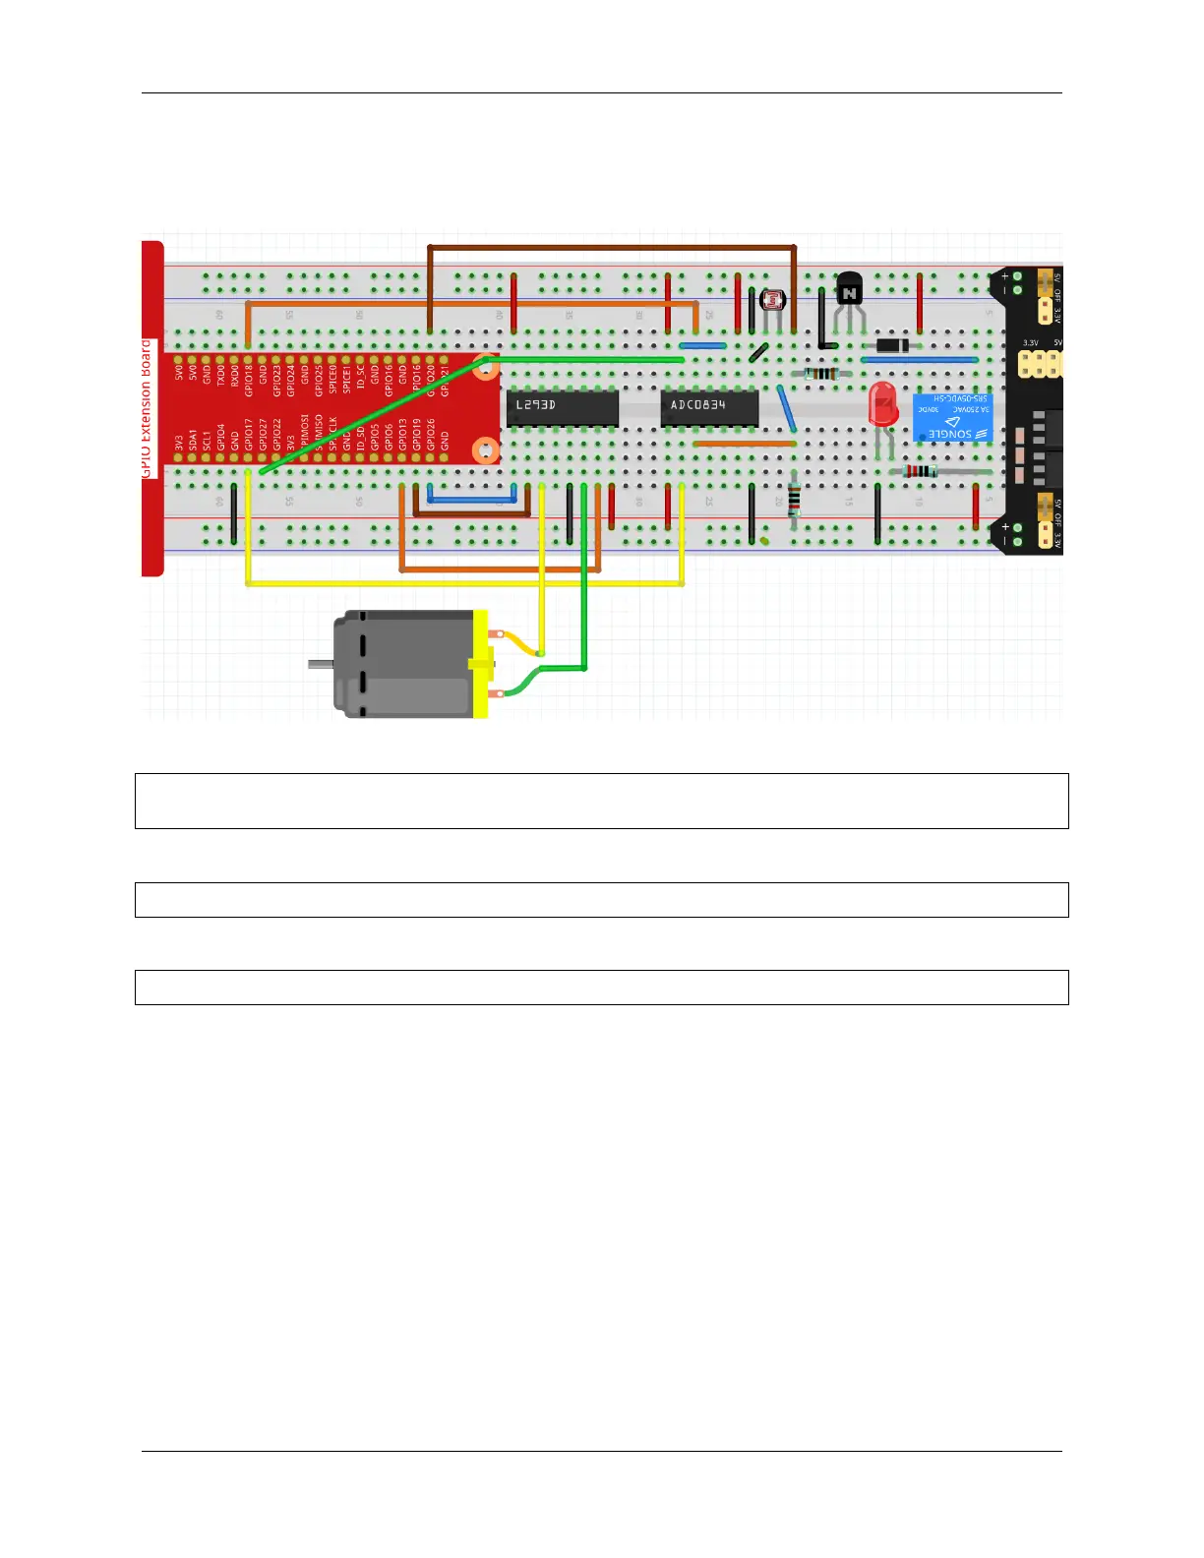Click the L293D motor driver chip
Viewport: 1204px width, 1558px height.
pos(562,407)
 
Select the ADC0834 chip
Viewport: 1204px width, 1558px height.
pos(708,407)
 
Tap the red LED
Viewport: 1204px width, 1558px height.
pos(882,404)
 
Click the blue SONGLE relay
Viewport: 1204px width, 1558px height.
pos(951,418)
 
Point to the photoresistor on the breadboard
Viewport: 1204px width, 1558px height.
pos(773,300)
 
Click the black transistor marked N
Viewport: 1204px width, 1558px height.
pos(849,290)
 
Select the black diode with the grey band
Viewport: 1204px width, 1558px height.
pos(891,345)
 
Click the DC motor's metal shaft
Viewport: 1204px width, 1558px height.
pos(320,664)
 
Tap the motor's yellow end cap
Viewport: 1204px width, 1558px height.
pos(480,664)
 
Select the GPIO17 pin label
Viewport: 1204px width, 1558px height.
pos(249,436)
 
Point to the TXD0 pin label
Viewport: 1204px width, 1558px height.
pos(221,375)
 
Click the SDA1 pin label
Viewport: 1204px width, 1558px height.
pos(193,440)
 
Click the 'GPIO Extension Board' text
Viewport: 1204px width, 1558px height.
pos(148,408)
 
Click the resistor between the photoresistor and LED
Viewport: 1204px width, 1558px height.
pos(820,374)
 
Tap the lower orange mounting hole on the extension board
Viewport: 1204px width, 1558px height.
pos(486,450)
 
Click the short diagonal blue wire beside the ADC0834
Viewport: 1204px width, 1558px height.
pos(786,408)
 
